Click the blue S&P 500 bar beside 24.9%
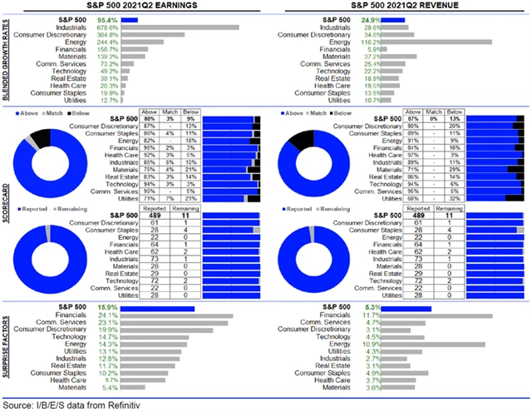click(x=392, y=17)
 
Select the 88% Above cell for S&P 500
click(x=149, y=118)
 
